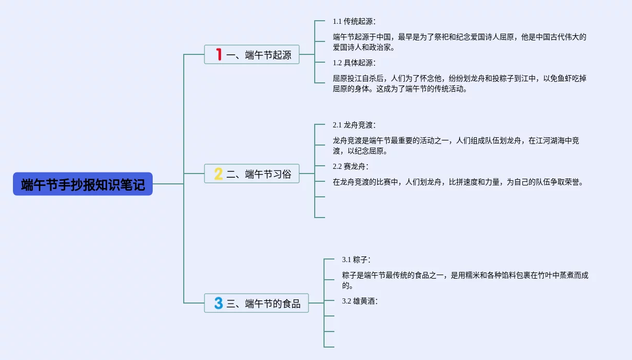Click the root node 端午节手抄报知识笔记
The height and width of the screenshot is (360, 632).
coord(83,184)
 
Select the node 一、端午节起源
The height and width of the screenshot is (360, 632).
coord(252,54)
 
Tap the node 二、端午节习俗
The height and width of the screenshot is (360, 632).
coord(252,174)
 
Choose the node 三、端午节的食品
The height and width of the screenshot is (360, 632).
coord(257,303)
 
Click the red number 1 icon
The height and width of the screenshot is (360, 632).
coord(219,54)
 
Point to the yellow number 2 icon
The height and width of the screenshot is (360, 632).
coord(218,174)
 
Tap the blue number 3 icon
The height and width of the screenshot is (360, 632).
coord(218,303)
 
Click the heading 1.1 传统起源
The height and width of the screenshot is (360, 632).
coord(354,21)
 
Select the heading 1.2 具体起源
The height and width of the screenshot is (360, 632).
coord(354,63)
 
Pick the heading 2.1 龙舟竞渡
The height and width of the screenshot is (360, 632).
coord(354,125)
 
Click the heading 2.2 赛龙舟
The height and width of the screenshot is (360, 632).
coord(350,166)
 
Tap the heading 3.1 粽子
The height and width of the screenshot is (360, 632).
coord(356,259)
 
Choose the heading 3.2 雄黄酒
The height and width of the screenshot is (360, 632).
coord(360,300)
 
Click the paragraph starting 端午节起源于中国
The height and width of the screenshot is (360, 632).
coord(459,42)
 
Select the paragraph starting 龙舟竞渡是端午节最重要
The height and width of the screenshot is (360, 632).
coord(455,146)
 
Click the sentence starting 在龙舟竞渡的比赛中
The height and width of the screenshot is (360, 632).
coord(458,182)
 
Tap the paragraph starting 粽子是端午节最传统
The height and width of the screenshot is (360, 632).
coord(465,280)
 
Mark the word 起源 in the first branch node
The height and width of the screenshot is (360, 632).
coord(282,55)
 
